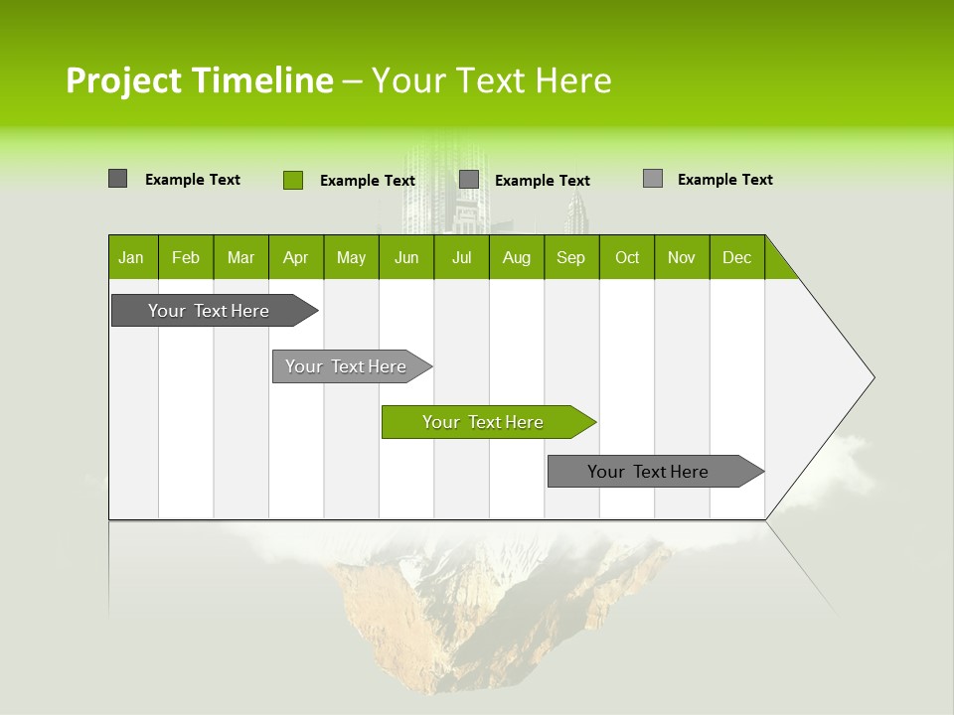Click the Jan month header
(x=132, y=257)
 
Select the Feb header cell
(x=186, y=257)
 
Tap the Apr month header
(x=296, y=257)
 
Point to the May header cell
(x=351, y=257)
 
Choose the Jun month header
(x=406, y=257)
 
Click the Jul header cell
(x=461, y=257)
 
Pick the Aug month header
(x=517, y=257)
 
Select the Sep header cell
(x=571, y=257)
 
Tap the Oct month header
(x=627, y=257)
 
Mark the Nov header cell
(x=682, y=257)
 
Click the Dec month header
(x=737, y=257)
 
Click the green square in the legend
(x=293, y=180)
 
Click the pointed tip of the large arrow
(x=872, y=377)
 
